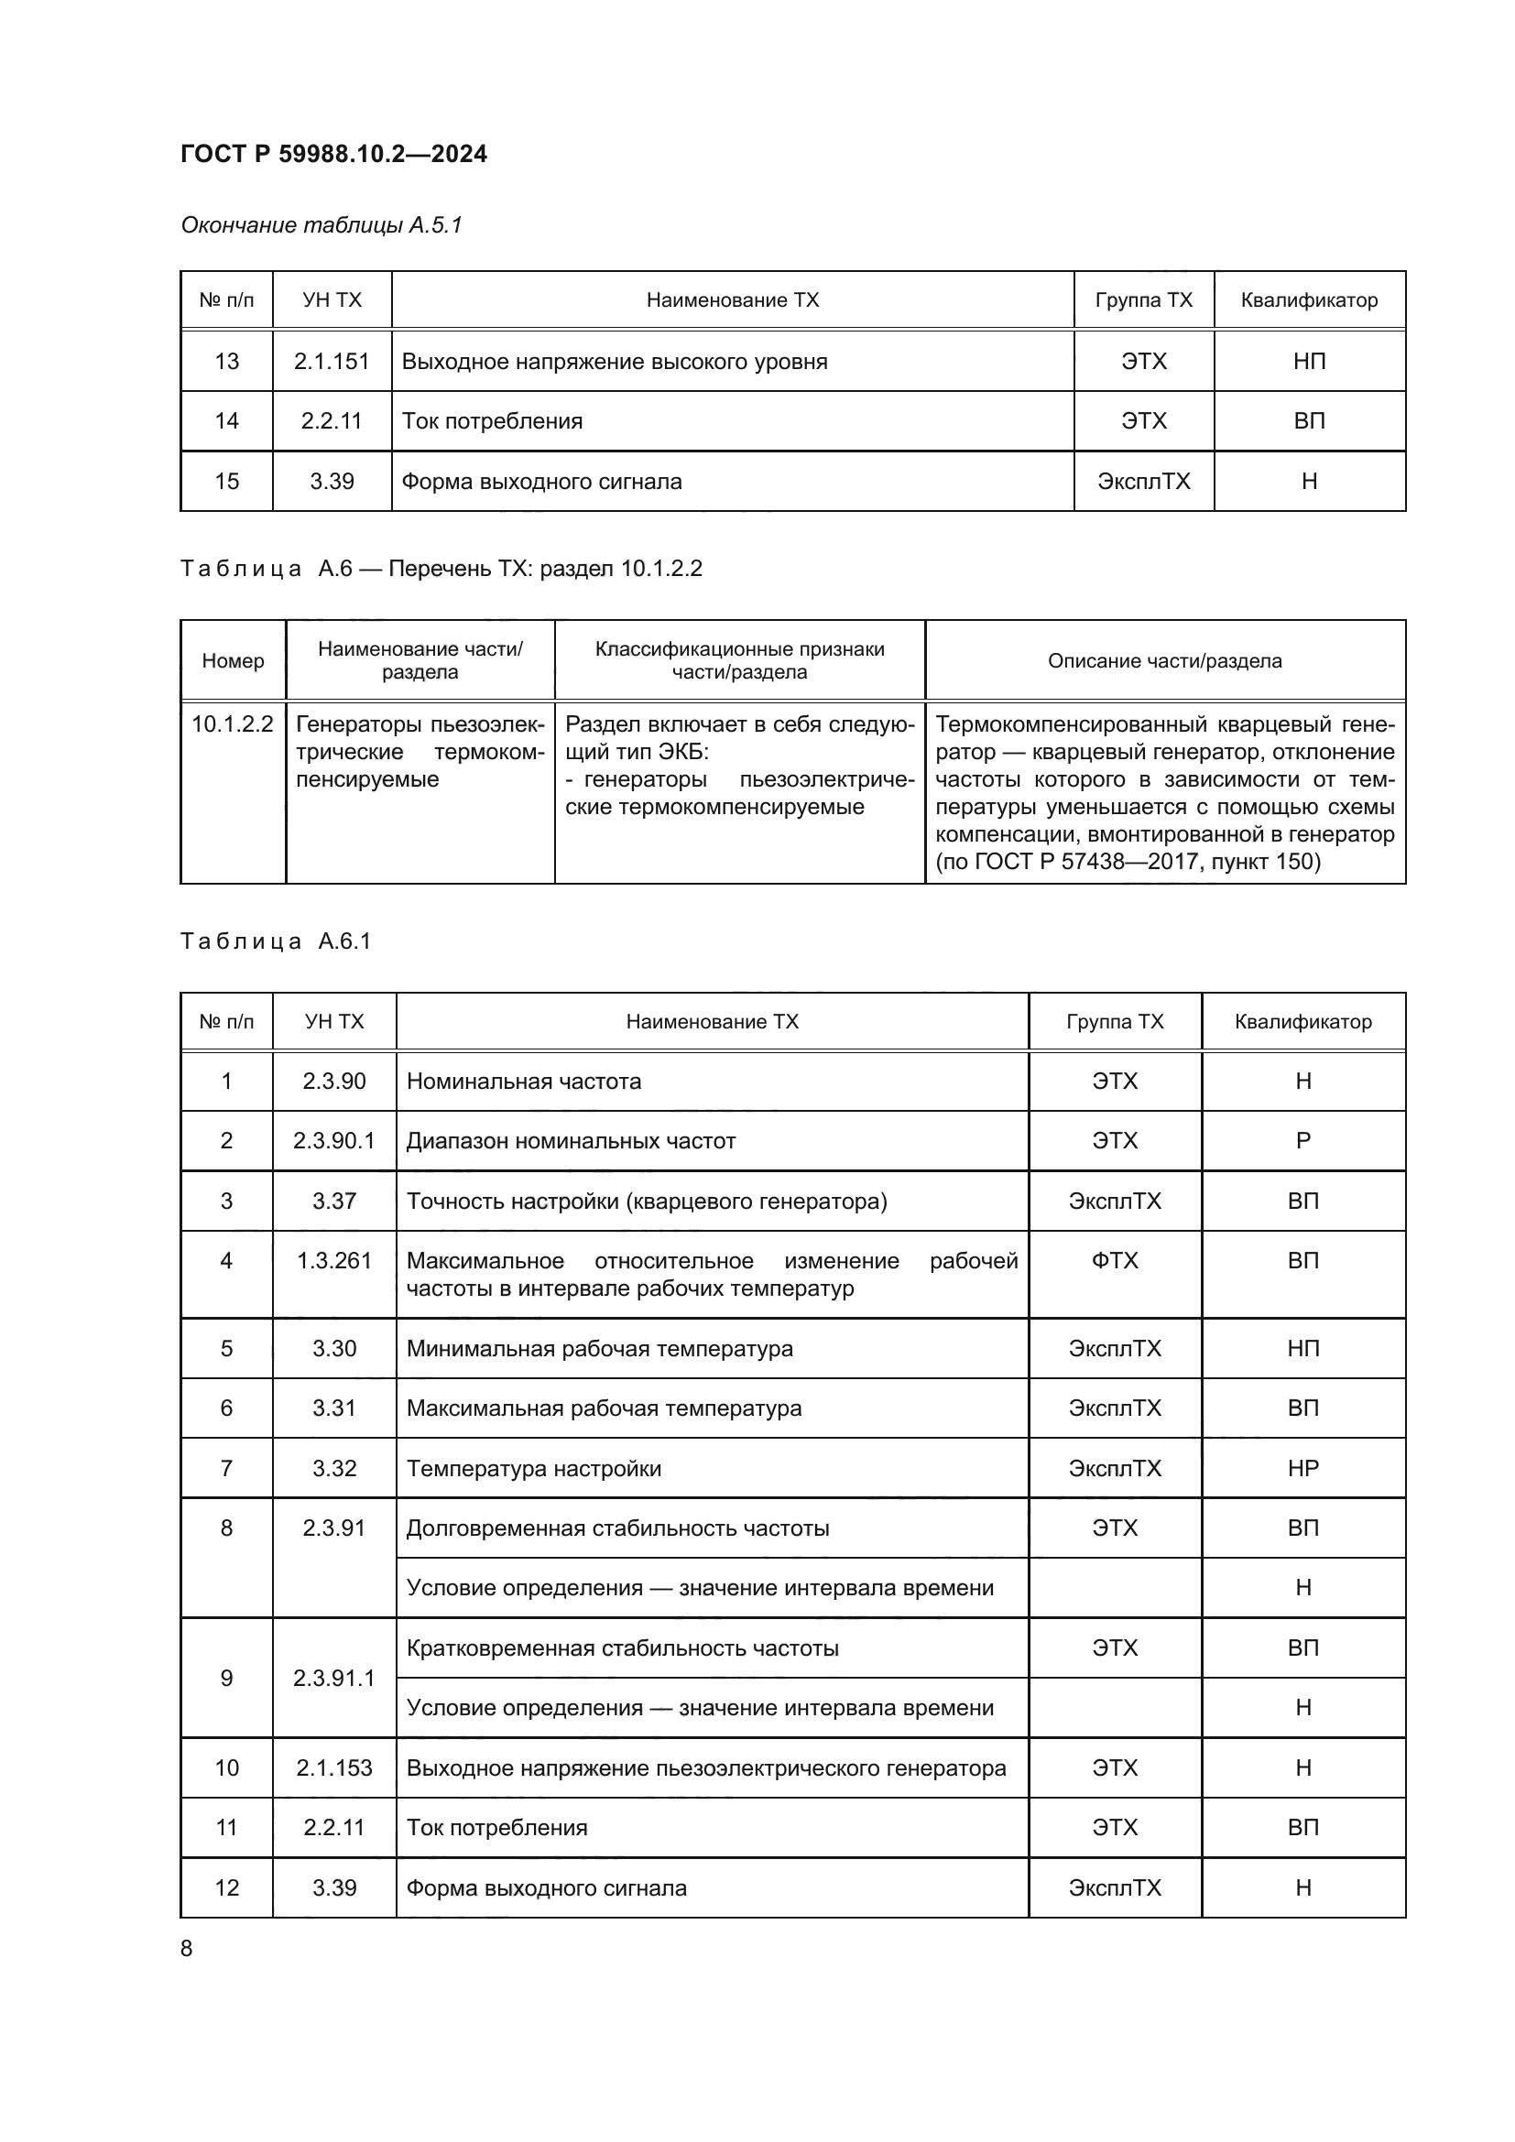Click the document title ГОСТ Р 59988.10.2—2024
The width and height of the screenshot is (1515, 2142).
pos(333,154)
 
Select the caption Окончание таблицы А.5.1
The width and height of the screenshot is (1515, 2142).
pos(321,225)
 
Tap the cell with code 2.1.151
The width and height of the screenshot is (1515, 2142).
pos(332,361)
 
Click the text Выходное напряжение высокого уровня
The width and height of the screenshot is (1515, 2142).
pos(614,361)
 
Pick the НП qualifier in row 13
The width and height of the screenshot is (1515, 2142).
pos(1309,361)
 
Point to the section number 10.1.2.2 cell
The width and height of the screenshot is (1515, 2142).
pos(233,724)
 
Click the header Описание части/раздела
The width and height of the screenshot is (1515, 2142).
pos(1164,660)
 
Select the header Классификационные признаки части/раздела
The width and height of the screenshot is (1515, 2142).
pos(739,660)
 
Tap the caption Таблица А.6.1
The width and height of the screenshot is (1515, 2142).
pos(276,941)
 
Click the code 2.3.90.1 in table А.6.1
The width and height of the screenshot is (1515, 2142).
pos(334,1140)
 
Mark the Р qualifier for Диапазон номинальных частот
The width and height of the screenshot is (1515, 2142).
pos(1303,1140)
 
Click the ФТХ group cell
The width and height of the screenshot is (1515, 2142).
pos(1115,1260)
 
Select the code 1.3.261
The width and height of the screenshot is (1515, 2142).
pos(334,1260)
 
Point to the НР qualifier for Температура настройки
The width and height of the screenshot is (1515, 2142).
pos(1303,1468)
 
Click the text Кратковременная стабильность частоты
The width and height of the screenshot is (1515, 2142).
pos(622,1647)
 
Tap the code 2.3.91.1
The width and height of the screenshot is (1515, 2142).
pos(334,1678)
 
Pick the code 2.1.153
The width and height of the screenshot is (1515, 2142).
pos(334,1767)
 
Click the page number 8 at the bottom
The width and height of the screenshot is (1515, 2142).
pos(187,1948)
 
